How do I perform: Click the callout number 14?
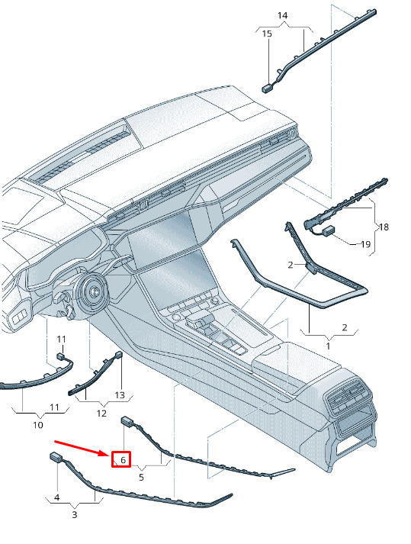[282, 15]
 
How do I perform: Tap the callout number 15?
[267, 34]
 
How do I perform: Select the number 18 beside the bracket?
[384, 227]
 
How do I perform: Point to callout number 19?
[365, 244]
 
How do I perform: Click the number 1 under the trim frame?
[328, 346]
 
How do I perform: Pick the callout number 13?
[120, 394]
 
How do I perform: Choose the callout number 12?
[101, 414]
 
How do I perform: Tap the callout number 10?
[38, 425]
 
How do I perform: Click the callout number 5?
[141, 478]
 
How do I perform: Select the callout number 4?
[57, 497]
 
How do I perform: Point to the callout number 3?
[74, 515]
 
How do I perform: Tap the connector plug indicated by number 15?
[267, 89]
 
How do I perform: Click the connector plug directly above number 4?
[56, 456]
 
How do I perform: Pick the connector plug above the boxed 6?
[127, 421]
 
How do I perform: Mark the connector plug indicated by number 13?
[119, 355]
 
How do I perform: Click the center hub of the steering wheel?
[93, 292]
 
